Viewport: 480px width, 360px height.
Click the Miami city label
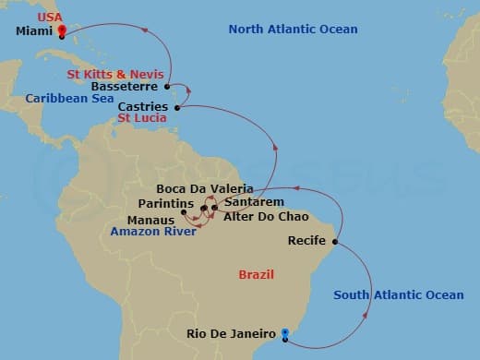34,31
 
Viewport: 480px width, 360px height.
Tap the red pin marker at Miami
61,30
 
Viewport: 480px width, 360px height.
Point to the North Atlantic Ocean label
293,30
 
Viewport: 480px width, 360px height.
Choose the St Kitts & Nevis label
115,73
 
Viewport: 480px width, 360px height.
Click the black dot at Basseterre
167,88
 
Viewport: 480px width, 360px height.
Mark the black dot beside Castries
177,107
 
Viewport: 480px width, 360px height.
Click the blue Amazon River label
152,232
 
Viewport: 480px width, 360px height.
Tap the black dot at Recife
334,243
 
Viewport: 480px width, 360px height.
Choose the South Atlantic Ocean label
398,294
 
